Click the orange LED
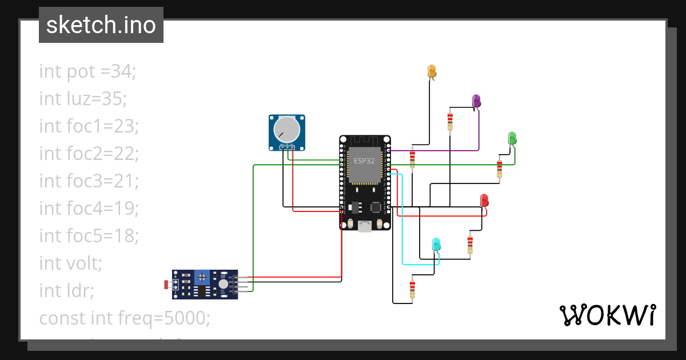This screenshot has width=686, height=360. pos(432,71)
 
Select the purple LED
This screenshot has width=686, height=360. pos(476,101)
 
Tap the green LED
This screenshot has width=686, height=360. pos(512,138)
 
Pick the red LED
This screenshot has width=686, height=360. pos(484,201)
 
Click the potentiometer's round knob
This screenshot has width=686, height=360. pos(286,130)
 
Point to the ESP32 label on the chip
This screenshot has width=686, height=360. pos(364,161)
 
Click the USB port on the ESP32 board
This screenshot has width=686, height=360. pos(364,226)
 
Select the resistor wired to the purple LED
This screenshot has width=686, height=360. pos(450,121)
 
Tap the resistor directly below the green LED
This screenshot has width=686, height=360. pos(500,168)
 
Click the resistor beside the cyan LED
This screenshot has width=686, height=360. pos(470,244)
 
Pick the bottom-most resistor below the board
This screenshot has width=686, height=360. pos(412,289)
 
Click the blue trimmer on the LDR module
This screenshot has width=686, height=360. pos(201,278)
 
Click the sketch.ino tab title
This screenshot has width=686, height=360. pos(101,25)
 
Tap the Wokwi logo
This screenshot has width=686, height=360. pos(607,315)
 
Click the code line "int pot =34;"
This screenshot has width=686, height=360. pos(87,71)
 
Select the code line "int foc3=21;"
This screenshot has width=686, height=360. pos(89,181)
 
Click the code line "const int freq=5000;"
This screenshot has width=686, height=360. pos(125,318)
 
